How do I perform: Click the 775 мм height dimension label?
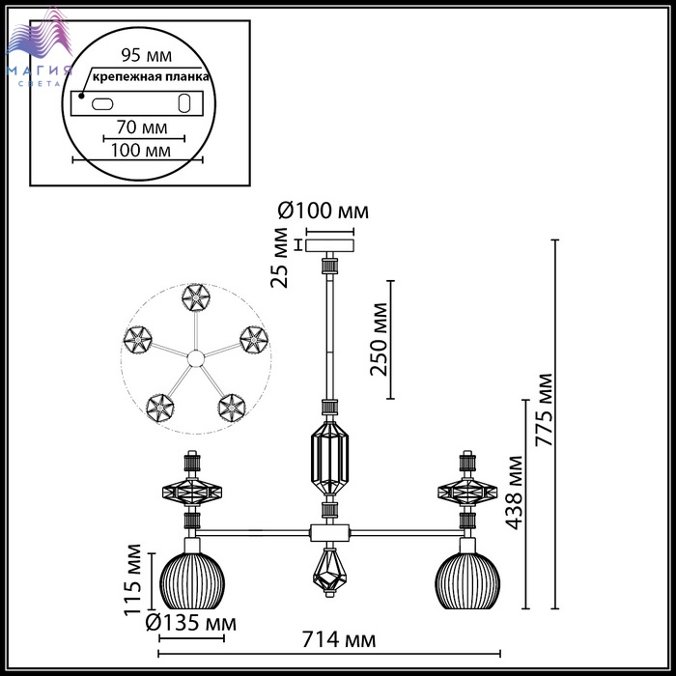543,409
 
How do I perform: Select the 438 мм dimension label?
515,492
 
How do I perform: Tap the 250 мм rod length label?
379,339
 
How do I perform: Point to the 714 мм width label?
338,639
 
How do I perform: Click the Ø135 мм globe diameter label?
191,623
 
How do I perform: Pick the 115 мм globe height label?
132,579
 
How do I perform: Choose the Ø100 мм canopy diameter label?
323,211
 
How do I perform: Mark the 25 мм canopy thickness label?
279,258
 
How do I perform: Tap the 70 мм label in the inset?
142,127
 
